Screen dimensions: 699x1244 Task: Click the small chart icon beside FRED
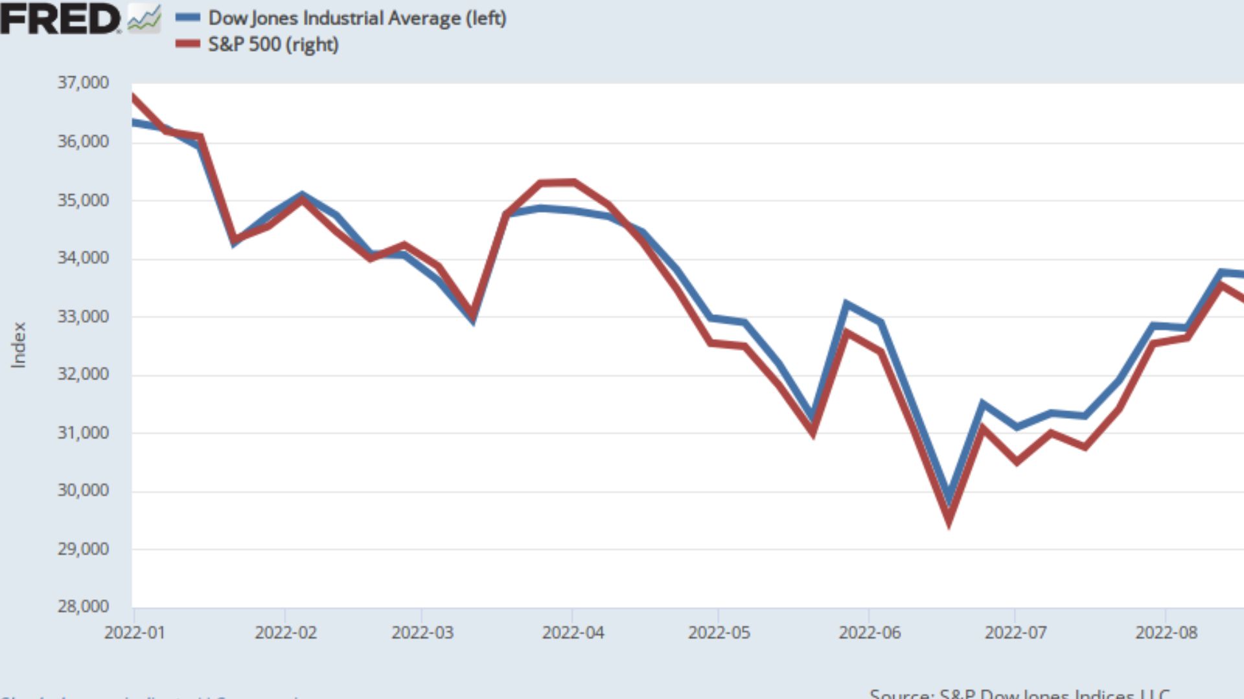[x=144, y=18]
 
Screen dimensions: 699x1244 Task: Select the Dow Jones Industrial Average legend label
[x=357, y=18]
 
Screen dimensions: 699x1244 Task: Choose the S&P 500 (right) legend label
[x=273, y=45]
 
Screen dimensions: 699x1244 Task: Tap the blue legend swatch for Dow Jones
[x=188, y=18]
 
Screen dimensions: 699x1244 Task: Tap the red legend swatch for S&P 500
[x=188, y=44]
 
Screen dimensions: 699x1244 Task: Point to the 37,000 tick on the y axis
[x=83, y=83]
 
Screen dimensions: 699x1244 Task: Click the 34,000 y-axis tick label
[x=83, y=258]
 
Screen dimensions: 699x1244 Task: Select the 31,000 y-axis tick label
[x=83, y=433]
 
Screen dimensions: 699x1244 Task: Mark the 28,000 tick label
[x=83, y=607]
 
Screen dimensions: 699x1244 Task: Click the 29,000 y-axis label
[x=83, y=549]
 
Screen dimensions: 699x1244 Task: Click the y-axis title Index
[x=19, y=345]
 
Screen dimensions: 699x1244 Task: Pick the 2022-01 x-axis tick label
[x=135, y=632]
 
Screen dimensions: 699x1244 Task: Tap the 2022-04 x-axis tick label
[x=573, y=632]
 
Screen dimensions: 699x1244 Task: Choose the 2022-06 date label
[x=870, y=632]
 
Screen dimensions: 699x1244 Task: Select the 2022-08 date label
[x=1166, y=632]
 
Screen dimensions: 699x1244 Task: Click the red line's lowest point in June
[x=949, y=522]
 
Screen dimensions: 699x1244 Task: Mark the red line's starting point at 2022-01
[x=133, y=98]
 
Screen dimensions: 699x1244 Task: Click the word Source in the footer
[x=901, y=694]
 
